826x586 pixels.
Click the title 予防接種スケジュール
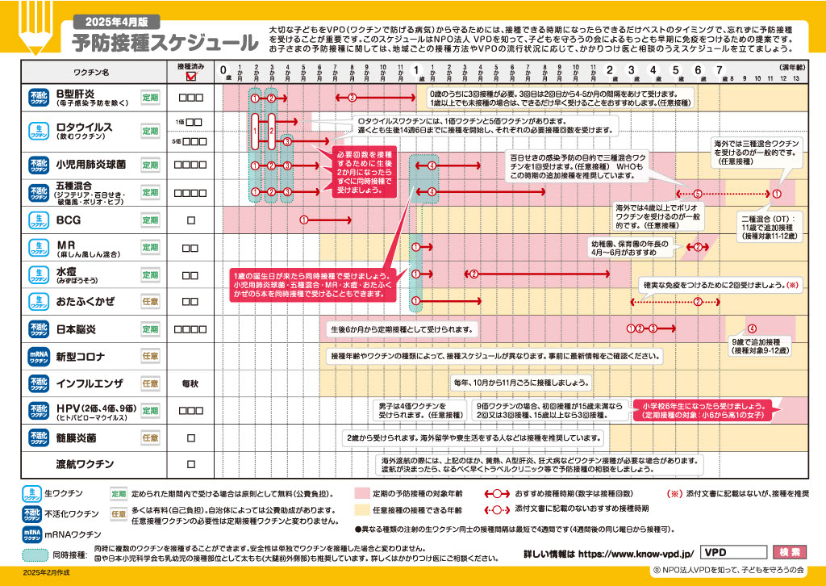pyautogui.click(x=165, y=42)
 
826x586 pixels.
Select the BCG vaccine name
pyautogui.click(x=69, y=220)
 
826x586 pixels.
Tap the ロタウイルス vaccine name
pyautogui.click(x=84, y=127)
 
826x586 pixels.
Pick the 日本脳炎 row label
pyautogui.click(x=76, y=329)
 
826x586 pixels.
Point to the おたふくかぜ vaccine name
pyautogui.click(x=85, y=302)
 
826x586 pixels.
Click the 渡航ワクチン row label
pyautogui.click(x=85, y=464)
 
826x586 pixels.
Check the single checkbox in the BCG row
pyautogui.click(x=191, y=220)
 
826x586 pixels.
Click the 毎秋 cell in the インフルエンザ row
pyautogui.click(x=191, y=383)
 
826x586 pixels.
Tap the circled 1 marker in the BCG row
pyautogui.click(x=304, y=220)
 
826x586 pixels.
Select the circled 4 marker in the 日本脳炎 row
pyautogui.click(x=752, y=329)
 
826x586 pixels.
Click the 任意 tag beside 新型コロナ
pyautogui.click(x=150, y=356)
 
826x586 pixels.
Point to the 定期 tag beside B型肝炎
pyautogui.click(x=150, y=97)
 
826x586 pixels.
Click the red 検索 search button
pyautogui.click(x=789, y=552)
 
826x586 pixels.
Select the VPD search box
pyautogui.click(x=732, y=552)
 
